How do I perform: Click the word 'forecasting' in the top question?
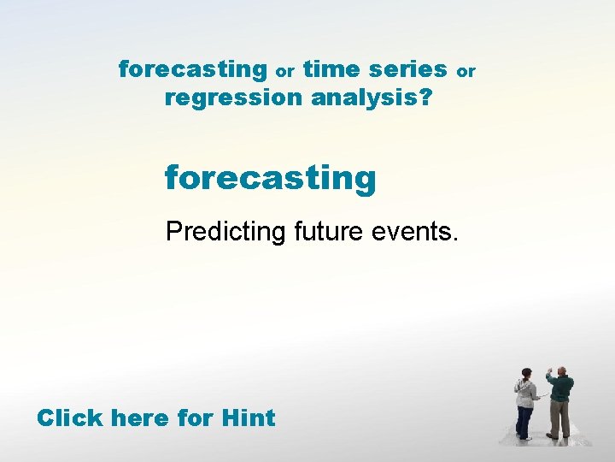coord(192,69)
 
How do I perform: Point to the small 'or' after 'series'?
coord(466,72)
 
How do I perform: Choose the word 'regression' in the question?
coord(234,98)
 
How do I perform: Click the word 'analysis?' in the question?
coord(372,98)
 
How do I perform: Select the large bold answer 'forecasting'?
coord(270,179)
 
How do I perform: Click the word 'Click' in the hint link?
coord(70,418)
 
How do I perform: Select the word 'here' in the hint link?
coord(141,418)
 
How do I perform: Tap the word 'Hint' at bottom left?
coord(248,418)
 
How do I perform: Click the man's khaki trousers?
coord(560,419)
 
